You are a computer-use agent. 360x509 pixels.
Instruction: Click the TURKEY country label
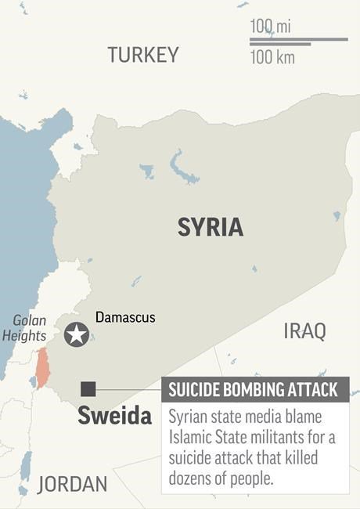[143, 55]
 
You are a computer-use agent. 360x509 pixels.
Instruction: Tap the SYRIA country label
[210, 227]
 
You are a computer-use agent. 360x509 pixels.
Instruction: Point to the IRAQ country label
[304, 331]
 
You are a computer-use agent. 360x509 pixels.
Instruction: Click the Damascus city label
[125, 317]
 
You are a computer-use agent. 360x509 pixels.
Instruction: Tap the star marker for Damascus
[76, 334]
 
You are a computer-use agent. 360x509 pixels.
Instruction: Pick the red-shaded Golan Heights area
[42, 367]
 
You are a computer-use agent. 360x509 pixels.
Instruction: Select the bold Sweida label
[114, 416]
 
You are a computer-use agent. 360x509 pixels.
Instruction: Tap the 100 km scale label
[272, 57]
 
